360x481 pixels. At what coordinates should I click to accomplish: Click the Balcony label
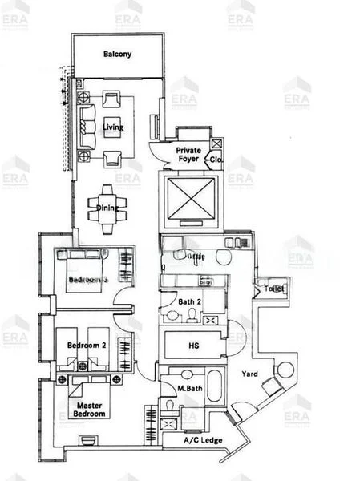coord(117,55)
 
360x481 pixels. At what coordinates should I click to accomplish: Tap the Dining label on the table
coord(107,208)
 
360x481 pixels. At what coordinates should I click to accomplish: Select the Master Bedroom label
coord(88,410)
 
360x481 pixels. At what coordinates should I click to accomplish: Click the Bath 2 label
coord(190,301)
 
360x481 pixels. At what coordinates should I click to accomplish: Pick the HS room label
coord(193,346)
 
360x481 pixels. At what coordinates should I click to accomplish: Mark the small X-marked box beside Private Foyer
coord(216,143)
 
